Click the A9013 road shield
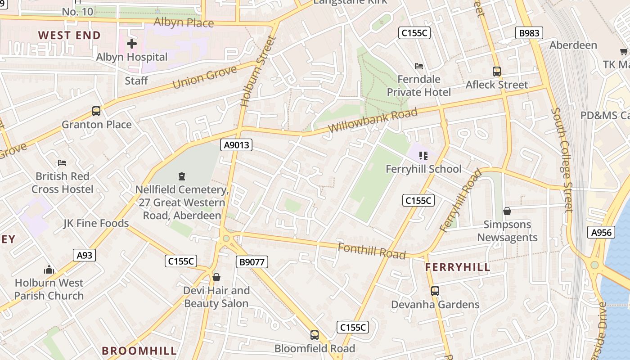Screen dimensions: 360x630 tap(236, 145)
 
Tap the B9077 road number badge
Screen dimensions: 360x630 tap(252, 262)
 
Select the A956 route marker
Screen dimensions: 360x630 tap(601, 232)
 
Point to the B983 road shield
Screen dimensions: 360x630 tap(529, 33)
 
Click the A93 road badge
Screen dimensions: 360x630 tap(84, 256)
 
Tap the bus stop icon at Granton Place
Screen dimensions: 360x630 tap(96, 111)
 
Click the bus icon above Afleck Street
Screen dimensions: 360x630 tap(496, 72)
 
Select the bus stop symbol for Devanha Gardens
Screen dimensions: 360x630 tap(435, 291)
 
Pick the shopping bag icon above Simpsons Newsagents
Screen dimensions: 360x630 tap(507, 211)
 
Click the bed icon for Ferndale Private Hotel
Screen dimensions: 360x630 tap(418, 66)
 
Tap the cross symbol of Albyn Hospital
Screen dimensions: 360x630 tap(131, 44)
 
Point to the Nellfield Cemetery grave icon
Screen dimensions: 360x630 tap(182, 176)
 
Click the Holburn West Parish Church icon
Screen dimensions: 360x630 tap(49, 270)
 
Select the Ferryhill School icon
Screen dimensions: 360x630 tap(423, 156)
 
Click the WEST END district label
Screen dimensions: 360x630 tap(69, 35)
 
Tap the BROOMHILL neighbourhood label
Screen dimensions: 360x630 tap(139, 351)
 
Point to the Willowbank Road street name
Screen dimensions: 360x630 tap(373, 120)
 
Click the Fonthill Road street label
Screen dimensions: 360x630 tap(372, 251)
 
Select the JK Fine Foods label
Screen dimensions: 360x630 tap(96, 223)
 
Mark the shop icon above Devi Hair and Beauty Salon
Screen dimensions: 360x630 tap(216, 277)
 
